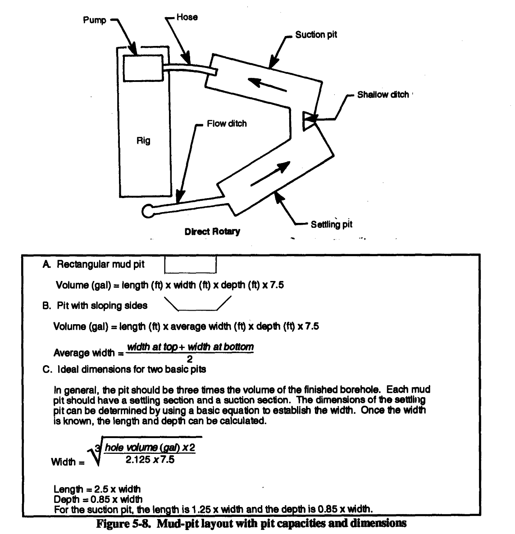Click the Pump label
(94, 20)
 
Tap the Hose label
(187, 17)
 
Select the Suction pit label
(316, 35)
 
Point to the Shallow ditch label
(383, 95)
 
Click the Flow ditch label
(227, 123)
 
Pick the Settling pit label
(331, 224)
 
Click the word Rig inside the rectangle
(143, 141)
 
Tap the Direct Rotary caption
(212, 232)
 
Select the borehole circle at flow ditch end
(148, 210)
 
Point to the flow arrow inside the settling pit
(270, 174)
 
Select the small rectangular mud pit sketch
(191, 264)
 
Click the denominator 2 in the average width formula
(190, 359)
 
